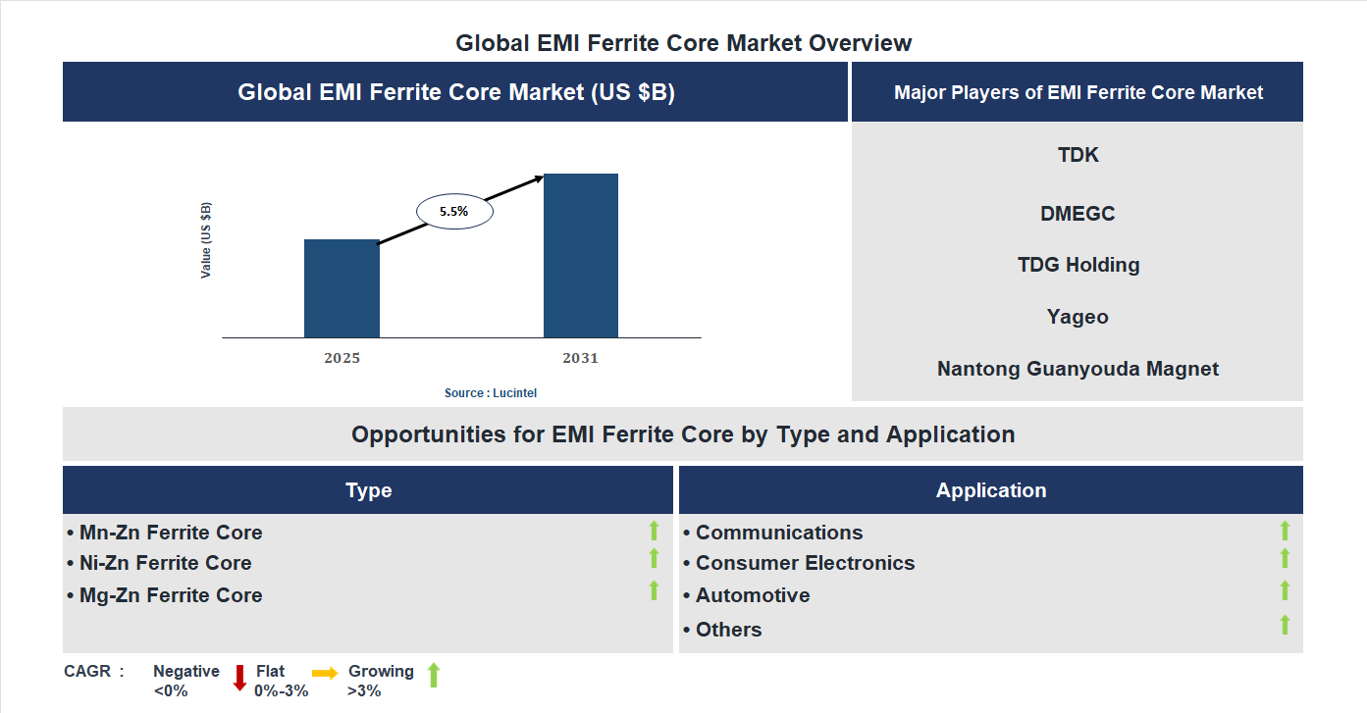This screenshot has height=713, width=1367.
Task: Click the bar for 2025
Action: [342, 288]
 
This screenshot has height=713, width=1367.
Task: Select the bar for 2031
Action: [581, 256]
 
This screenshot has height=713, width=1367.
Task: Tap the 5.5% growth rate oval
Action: [454, 211]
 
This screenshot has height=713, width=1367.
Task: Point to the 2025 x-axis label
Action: [342, 358]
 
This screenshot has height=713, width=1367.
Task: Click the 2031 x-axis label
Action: [580, 358]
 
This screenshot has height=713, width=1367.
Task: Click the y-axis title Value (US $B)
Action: [206, 240]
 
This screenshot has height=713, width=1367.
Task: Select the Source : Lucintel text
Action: [491, 392]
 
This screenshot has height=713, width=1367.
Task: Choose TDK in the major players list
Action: [1078, 155]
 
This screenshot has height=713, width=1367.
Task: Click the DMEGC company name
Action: [1078, 214]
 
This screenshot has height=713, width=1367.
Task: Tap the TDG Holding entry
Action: [1078, 265]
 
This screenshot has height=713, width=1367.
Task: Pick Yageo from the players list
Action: [1078, 317]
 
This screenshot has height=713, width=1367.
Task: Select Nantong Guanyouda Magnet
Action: [1078, 369]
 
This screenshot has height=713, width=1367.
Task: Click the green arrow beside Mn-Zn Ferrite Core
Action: [654, 532]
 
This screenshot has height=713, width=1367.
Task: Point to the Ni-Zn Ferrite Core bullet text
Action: [165, 563]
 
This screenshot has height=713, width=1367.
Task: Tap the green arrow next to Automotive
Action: [1285, 590]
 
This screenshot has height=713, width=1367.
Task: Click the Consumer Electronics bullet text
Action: [805, 563]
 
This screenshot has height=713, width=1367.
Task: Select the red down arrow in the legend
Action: [239, 678]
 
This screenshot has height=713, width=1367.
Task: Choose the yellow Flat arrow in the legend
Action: [325, 673]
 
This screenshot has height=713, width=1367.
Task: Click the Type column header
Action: [368, 490]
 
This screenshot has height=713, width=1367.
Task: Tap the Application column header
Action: [991, 490]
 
